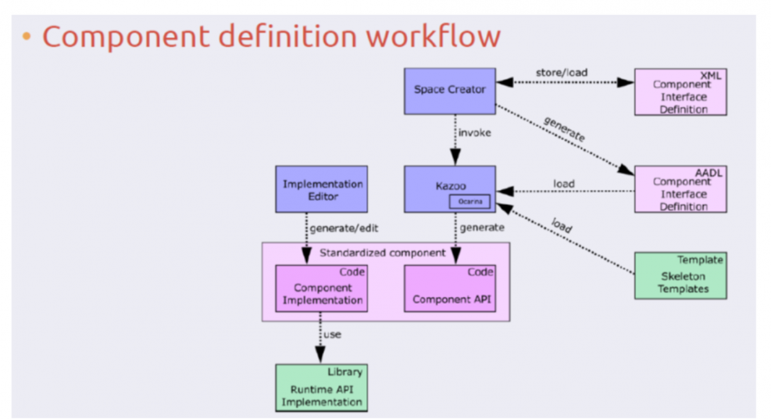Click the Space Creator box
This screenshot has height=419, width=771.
pyautogui.click(x=449, y=90)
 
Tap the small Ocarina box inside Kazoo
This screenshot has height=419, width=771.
pyautogui.click(x=469, y=202)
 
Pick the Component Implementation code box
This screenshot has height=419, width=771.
pyautogui.click(x=321, y=288)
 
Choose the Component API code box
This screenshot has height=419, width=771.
pyautogui.click(x=449, y=288)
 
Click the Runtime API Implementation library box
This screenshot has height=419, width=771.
pyautogui.click(x=321, y=388)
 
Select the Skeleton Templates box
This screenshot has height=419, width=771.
pyautogui.click(x=680, y=275)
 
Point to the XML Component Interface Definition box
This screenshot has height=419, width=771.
pyautogui.click(x=680, y=92)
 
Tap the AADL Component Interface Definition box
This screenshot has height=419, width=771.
pyautogui.click(x=680, y=189)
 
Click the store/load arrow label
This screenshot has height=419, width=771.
pyautogui.click(x=562, y=73)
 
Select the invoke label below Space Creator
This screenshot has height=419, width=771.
pyautogui.click(x=474, y=133)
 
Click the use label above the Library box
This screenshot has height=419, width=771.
pyautogui.click(x=332, y=334)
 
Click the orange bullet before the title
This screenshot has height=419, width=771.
pyautogui.click(x=27, y=37)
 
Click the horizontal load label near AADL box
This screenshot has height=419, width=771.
pyautogui.click(x=564, y=183)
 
